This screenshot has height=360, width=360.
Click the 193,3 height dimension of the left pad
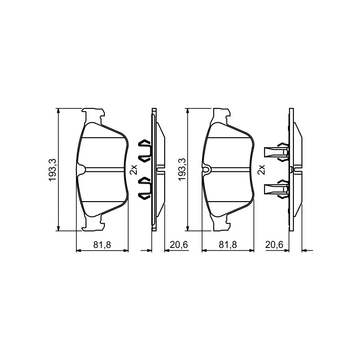[x=53, y=170]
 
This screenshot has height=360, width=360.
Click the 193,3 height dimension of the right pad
[x=182, y=170]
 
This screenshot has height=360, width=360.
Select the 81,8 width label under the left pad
[x=102, y=245]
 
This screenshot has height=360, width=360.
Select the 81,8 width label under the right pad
[x=228, y=245]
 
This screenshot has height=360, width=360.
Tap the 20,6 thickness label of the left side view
[x=179, y=245]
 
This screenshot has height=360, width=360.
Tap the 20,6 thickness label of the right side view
[x=274, y=245]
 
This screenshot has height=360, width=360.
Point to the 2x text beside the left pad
[x=133, y=170]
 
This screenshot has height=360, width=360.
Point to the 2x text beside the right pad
[x=261, y=170]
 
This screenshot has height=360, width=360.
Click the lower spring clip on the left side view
[x=144, y=188]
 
